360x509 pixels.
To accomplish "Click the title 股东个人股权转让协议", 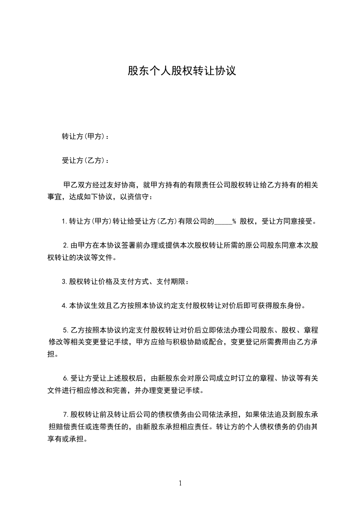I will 182,71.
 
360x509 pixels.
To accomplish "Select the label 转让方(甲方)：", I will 85,136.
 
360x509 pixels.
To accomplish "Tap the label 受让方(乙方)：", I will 85,160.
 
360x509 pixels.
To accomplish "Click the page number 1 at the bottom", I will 180,483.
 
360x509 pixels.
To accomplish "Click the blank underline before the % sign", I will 223,222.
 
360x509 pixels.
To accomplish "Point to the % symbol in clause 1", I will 234,222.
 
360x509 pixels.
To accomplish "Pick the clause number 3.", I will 64,282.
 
